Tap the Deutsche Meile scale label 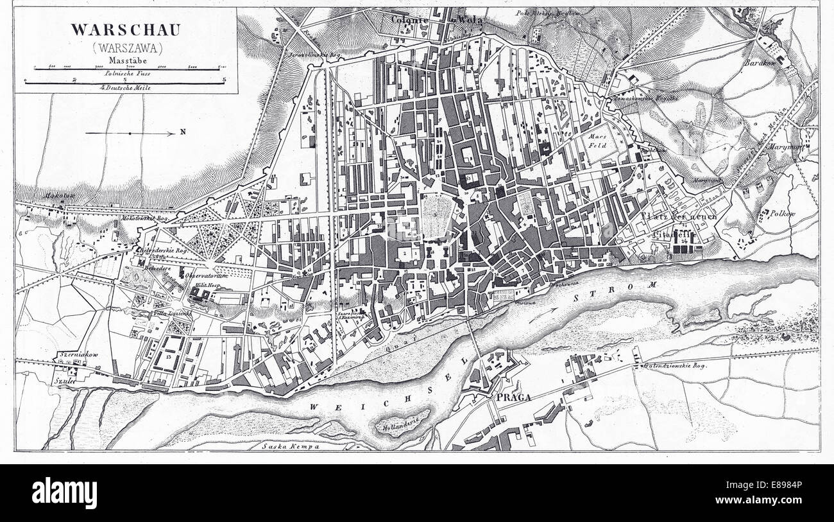122,87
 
